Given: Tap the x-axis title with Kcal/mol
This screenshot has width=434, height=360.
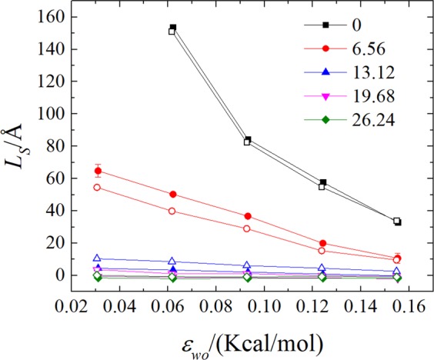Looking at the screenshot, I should [242, 338].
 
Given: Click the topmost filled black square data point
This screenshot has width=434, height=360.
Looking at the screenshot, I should [173, 28].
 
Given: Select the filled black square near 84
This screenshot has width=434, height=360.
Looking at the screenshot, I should [248, 140].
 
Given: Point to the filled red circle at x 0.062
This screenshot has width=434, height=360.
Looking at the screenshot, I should [173, 195].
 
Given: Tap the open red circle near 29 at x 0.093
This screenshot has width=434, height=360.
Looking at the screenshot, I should [247, 228].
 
